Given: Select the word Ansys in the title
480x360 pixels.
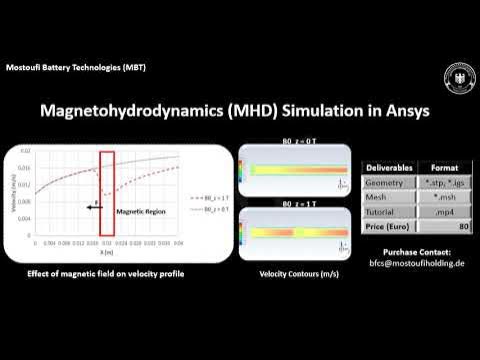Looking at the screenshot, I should [x=403, y=111].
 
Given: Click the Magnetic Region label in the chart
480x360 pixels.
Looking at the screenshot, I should [x=138, y=213].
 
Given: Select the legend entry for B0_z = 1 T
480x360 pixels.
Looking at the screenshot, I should [x=205, y=199].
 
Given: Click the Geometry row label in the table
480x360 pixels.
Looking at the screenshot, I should [x=384, y=183].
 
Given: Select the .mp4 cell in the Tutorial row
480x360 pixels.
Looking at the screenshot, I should [x=443, y=211].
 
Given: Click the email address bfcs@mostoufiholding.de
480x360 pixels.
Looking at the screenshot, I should [x=414, y=263].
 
